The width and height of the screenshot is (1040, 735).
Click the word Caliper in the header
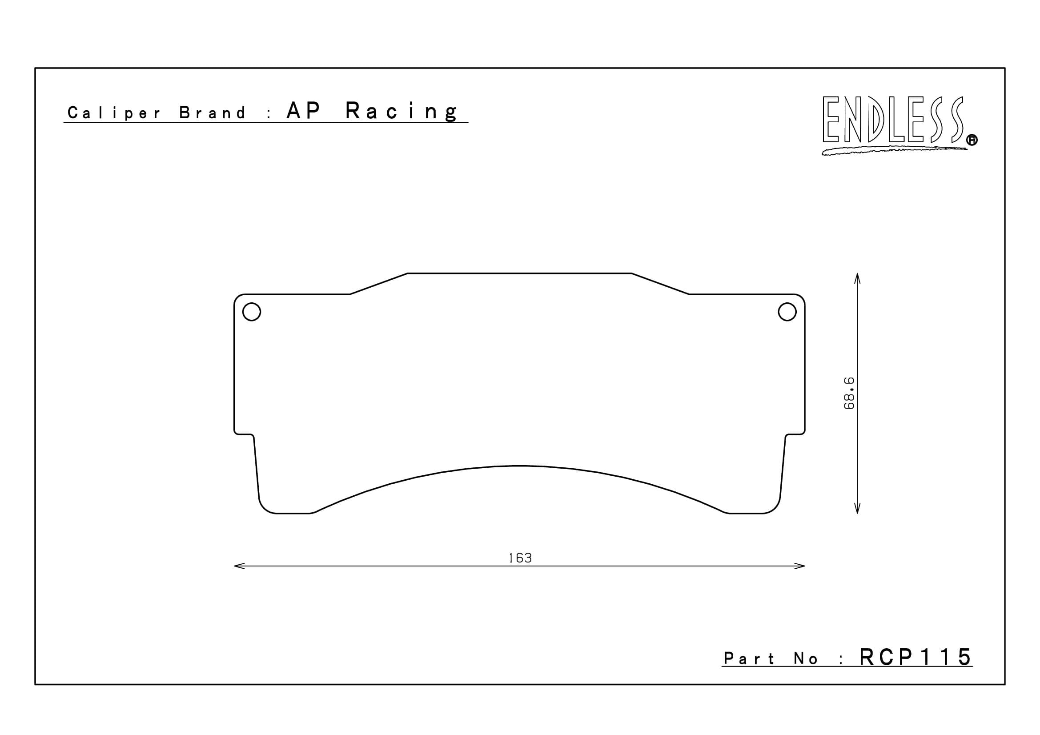pos(114,113)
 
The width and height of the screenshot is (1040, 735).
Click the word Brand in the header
pos(212,113)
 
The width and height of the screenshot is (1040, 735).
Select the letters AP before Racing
pos(304,111)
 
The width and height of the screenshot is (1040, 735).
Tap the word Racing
pos(402,112)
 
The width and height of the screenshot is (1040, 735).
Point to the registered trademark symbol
pos(972,141)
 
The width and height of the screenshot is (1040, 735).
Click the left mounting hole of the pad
pos(252,312)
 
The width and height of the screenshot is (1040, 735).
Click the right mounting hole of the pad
pos(787,312)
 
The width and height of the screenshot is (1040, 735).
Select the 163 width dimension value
pos(520,558)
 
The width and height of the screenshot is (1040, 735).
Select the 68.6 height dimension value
pos(849,393)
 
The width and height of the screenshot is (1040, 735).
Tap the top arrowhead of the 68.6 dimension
pos(857,277)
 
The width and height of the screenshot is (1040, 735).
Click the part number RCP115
pos(916,657)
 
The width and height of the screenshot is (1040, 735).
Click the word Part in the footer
pos(749,659)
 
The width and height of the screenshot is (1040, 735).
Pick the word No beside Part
pos(805,659)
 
